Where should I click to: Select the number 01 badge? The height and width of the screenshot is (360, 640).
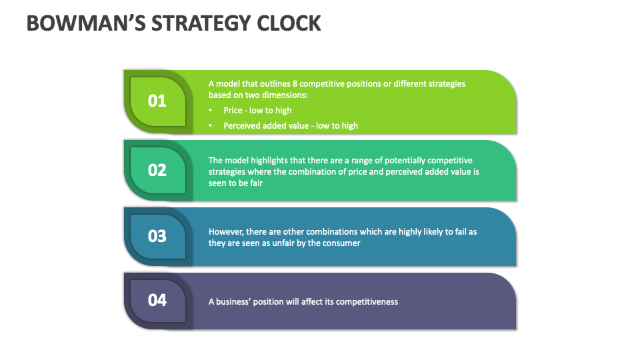(x=157, y=101)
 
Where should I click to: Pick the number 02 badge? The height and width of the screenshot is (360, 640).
(x=157, y=170)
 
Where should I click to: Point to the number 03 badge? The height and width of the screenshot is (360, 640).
(x=157, y=236)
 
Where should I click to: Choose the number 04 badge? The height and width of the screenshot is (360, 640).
(x=157, y=300)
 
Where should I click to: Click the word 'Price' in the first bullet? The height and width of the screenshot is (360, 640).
(x=233, y=111)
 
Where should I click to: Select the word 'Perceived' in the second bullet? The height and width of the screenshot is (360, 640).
(x=242, y=126)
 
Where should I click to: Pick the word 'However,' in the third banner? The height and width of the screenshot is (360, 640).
(x=226, y=232)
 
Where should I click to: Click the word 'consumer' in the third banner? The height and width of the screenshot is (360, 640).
(x=342, y=243)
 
